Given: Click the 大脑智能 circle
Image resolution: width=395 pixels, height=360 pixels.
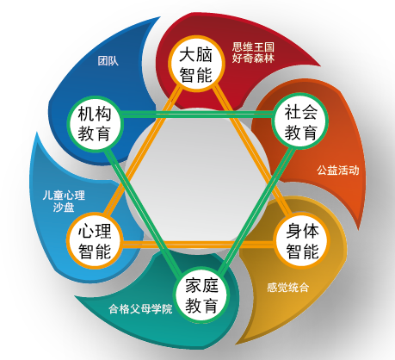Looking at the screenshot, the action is click(x=196, y=64).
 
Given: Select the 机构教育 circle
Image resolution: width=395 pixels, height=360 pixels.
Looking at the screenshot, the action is click(x=96, y=123).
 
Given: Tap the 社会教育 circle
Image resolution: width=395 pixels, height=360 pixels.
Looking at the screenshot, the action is click(x=300, y=121).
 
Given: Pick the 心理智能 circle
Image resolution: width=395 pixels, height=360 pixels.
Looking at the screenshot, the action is click(x=95, y=240).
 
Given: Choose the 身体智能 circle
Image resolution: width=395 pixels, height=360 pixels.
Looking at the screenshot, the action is click(x=302, y=240).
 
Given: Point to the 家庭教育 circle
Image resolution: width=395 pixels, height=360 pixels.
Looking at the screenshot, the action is click(x=201, y=295).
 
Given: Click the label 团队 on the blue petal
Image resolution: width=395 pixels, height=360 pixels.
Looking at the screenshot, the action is click(x=108, y=61).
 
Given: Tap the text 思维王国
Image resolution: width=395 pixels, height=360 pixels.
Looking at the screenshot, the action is click(x=253, y=47).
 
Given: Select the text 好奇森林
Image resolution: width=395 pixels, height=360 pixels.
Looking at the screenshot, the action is click(x=253, y=58).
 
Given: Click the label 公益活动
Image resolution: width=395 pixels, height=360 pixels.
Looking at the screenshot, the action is click(x=338, y=171).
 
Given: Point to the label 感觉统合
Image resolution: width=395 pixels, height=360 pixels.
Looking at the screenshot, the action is click(x=287, y=287).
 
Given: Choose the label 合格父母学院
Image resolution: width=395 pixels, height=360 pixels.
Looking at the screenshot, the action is click(x=140, y=308).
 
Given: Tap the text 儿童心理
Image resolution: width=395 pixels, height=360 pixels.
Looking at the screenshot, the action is click(x=64, y=196).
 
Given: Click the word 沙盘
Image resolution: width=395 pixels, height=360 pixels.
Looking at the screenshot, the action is click(x=64, y=208).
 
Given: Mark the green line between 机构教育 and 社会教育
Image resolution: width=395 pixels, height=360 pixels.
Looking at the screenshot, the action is click(x=198, y=115).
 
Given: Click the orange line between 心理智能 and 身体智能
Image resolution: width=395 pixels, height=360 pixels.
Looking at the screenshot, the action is click(x=198, y=245).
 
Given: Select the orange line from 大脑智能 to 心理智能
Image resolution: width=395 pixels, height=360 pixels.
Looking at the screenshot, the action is click(x=142, y=151).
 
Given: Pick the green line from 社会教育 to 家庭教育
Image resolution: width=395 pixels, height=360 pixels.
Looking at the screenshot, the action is click(x=255, y=209).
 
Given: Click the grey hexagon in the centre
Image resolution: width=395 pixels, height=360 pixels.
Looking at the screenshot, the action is click(x=198, y=180).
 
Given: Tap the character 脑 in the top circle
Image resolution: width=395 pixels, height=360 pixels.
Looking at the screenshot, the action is click(x=204, y=54).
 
